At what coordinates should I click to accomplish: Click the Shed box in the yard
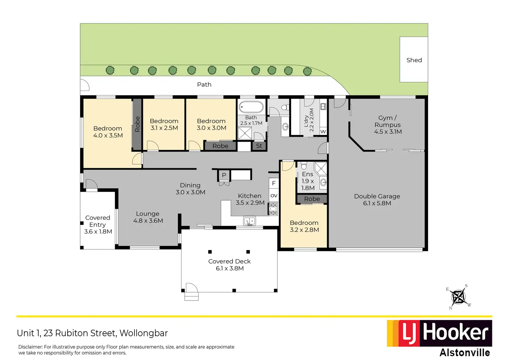(x=414, y=60)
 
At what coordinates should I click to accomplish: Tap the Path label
(x=204, y=85)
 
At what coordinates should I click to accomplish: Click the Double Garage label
(x=377, y=200)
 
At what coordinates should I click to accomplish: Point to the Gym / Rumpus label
(x=388, y=125)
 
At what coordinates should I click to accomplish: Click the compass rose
(x=459, y=297)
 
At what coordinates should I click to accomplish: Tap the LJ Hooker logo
(x=439, y=333)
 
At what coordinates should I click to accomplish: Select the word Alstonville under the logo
(x=465, y=352)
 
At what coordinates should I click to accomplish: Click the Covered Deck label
(x=230, y=265)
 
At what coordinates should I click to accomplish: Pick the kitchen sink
(x=249, y=220)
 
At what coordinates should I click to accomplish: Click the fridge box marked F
(x=274, y=183)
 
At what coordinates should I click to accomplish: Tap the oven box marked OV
(x=274, y=196)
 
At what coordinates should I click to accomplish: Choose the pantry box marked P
(x=224, y=175)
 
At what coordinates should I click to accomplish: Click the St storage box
(x=259, y=146)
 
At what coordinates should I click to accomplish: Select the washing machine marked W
(x=323, y=132)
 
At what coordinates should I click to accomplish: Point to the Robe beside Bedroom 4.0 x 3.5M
(x=137, y=124)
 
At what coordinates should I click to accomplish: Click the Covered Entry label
(x=98, y=225)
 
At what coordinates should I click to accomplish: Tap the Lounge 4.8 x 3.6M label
(x=148, y=217)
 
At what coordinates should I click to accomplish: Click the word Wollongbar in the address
(x=144, y=333)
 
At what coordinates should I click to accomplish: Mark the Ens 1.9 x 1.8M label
(x=308, y=181)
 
